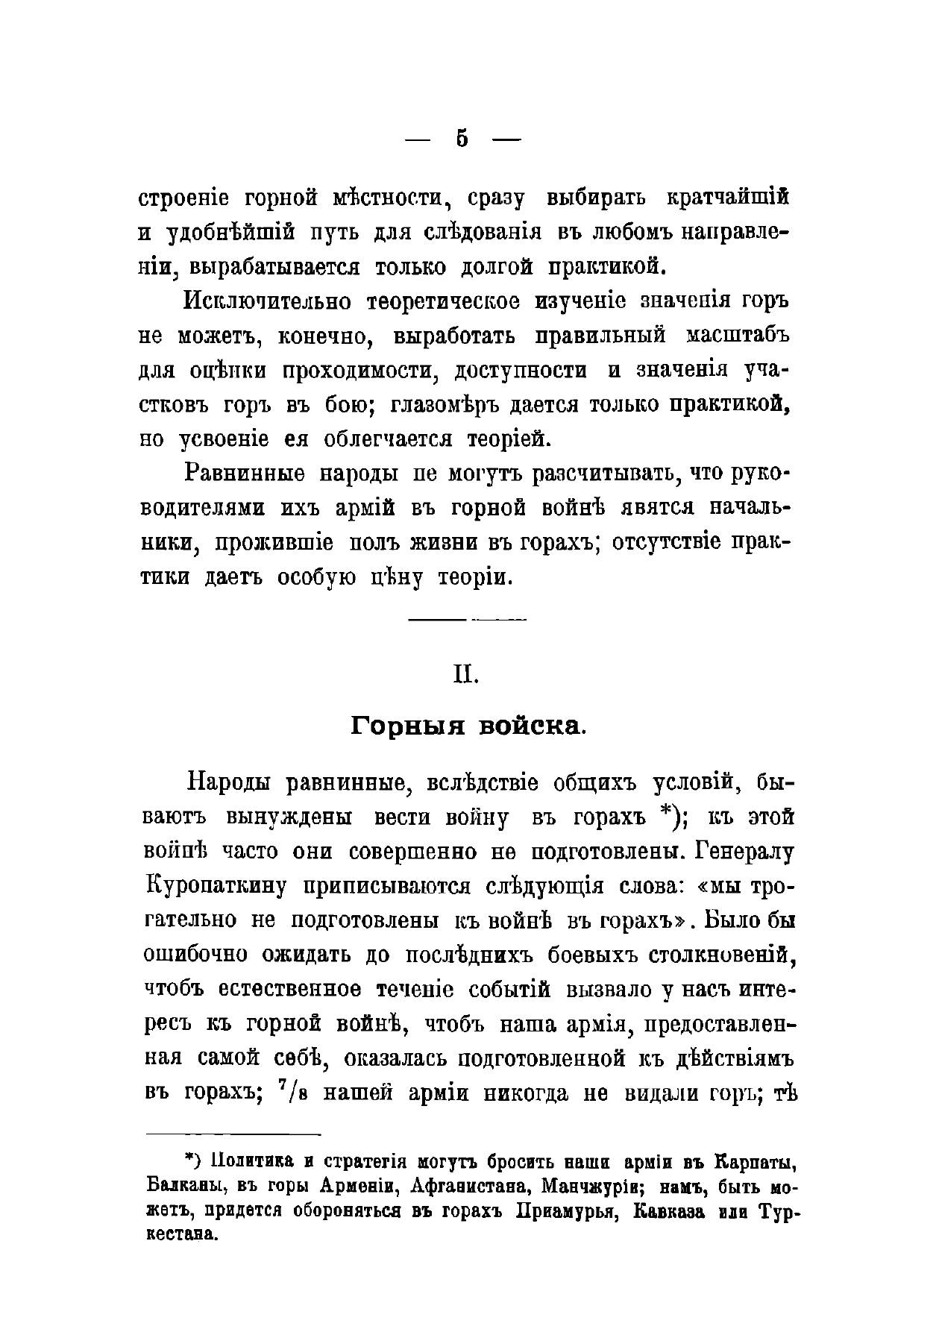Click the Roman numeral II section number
(467, 674)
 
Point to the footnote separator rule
(233, 1135)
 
